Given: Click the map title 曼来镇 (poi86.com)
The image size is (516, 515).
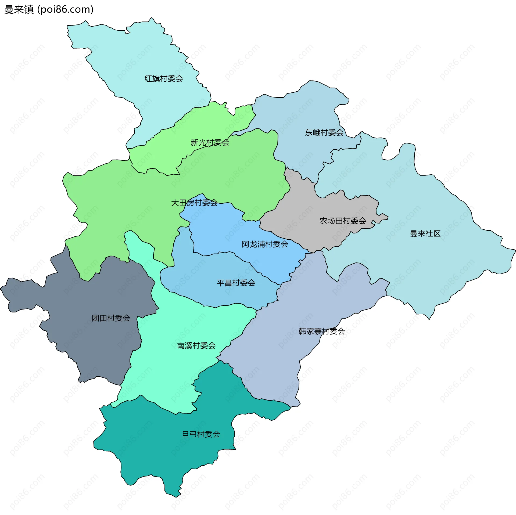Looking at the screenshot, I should (49, 9).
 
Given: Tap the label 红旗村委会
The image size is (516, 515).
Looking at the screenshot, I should (164, 78).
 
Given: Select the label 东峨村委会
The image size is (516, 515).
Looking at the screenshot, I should (324, 132).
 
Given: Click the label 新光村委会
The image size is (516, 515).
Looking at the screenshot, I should (210, 142).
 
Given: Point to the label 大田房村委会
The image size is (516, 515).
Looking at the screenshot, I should (194, 203).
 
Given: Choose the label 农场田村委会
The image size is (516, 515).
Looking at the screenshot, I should (343, 221).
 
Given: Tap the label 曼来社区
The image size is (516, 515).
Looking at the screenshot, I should (425, 233).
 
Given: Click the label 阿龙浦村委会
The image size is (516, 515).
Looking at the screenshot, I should (265, 244).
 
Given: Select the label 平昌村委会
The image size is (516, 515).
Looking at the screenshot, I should (236, 283).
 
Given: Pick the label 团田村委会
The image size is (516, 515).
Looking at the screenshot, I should (111, 318).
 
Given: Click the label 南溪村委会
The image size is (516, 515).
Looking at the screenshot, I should (196, 345).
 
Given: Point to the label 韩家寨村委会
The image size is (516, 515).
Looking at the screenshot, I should (322, 331).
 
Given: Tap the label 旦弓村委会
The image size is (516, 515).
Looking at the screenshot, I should (201, 434).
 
